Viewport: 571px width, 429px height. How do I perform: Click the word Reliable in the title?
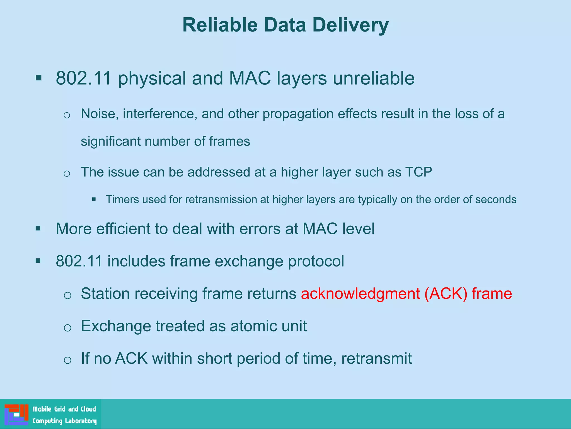point(220,25)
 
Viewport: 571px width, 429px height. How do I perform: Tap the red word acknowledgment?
point(360,294)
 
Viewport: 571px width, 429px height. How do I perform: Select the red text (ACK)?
point(446,294)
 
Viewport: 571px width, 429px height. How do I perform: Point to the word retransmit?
point(376,358)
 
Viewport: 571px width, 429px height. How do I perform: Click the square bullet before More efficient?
point(38,229)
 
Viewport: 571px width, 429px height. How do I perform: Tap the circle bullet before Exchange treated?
point(67,327)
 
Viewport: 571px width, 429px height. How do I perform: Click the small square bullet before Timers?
point(94,199)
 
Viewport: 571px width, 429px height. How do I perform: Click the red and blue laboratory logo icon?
point(16,414)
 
